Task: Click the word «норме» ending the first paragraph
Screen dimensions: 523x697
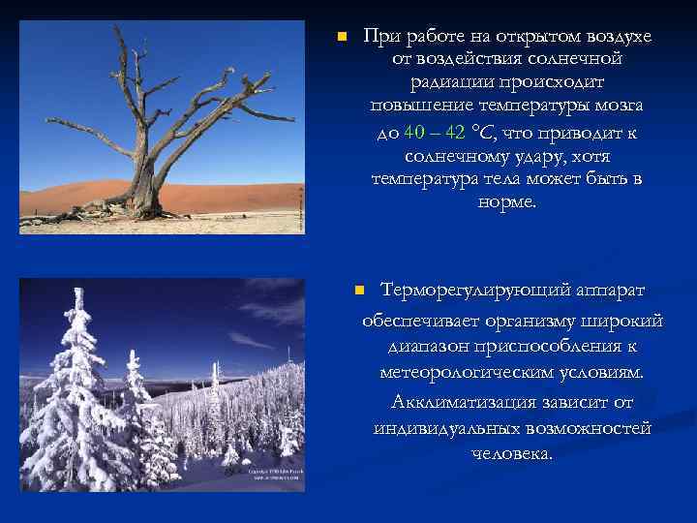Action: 506,201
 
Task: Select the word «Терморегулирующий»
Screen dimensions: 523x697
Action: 465,291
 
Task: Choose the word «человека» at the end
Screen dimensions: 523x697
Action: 512,453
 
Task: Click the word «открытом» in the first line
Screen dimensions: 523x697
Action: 528,36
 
